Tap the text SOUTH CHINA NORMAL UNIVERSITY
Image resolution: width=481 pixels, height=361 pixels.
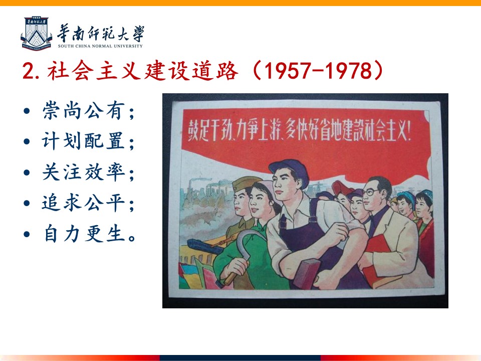coord(100,46)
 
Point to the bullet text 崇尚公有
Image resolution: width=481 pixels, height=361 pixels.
coord(84,110)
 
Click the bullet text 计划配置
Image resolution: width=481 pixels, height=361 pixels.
coord(84,141)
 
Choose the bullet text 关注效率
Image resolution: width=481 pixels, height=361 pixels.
coord(84,172)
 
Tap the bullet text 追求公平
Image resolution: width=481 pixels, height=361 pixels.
coord(84,203)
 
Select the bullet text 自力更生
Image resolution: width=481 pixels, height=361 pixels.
coord(84,233)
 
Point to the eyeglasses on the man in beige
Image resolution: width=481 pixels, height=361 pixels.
coord(371,192)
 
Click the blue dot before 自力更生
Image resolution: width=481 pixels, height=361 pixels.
coord(27,234)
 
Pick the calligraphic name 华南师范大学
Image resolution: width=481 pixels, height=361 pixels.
coord(101,33)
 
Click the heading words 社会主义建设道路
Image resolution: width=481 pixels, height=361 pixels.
coord(143,71)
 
